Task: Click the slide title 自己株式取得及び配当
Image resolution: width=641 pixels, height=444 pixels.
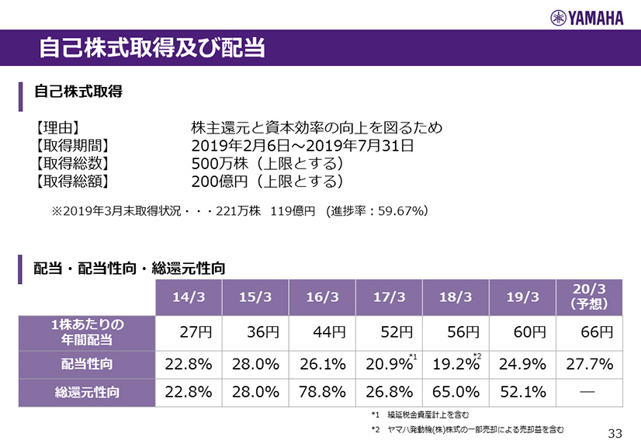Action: point(152,48)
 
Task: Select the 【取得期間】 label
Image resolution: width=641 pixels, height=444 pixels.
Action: point(71,145)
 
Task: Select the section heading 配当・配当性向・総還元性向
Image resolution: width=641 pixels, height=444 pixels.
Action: point(130,269)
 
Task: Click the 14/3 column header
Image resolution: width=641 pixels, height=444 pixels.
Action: point(189,297)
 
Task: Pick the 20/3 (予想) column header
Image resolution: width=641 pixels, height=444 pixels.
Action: point(587,297)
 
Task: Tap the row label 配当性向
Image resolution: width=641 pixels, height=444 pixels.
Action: point(87,363)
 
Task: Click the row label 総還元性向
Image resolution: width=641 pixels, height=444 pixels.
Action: point(87,392)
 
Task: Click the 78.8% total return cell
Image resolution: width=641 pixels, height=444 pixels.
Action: point(322,392)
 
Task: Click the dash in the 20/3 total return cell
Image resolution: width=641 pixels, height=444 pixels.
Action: point(587,391)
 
